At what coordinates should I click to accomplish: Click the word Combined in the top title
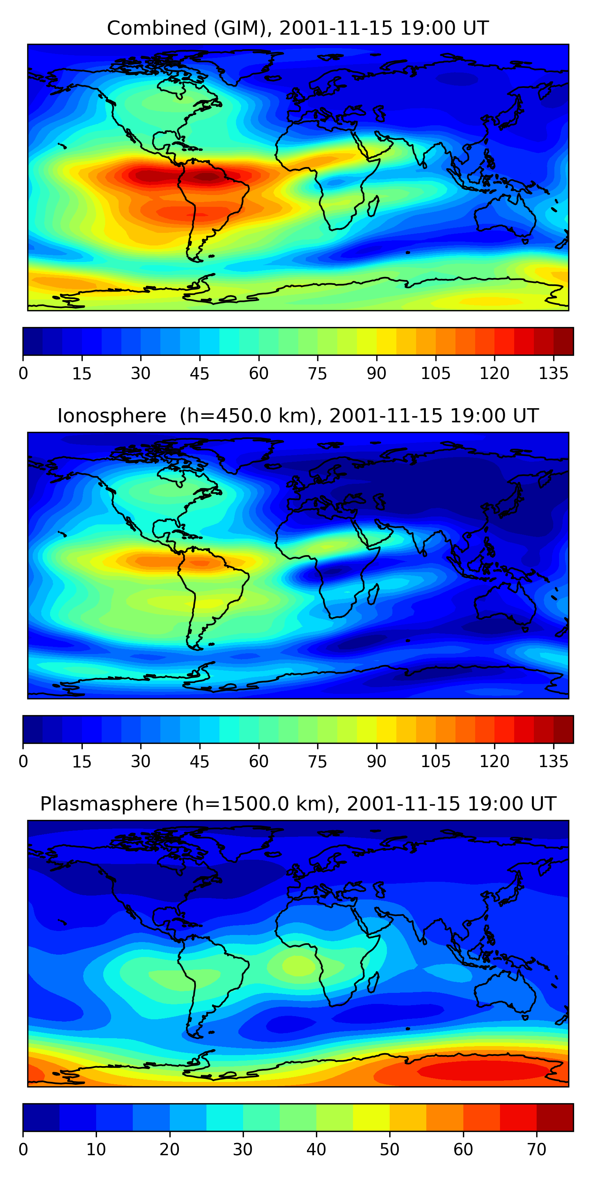(x=156, y=28)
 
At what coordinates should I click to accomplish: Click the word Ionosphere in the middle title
(x=112, y=416)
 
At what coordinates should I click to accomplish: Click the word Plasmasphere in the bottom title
(x=108, y=804)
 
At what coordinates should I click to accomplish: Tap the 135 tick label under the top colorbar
(x=554, y=374)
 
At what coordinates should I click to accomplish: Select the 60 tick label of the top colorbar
(x=259, y=374)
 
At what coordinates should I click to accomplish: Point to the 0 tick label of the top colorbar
(x=23, y=374)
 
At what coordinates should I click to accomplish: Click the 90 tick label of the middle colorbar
(x=376, y=762)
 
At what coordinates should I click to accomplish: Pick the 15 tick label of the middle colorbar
(x=82, y=762)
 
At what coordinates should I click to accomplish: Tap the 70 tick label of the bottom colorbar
(x=536, y=1149)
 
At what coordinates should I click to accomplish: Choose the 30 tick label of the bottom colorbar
(x=243, y=1149)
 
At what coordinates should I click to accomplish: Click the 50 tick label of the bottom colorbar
(x=390, y=1149)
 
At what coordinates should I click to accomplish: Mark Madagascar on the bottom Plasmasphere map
(x=373, y=982)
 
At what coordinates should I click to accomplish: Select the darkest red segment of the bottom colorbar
(x=555, y=1117)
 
